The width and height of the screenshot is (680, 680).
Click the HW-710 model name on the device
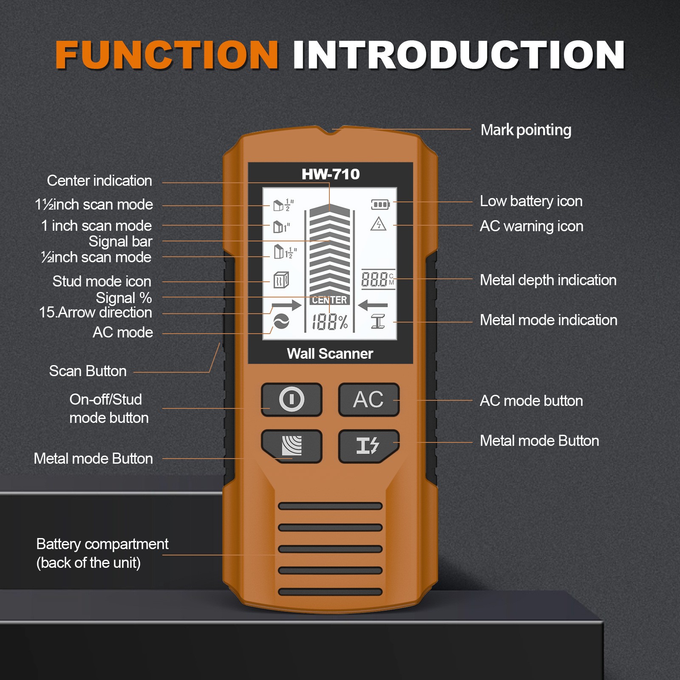coord(330,174)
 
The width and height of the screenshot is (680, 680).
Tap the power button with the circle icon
coord(292,399)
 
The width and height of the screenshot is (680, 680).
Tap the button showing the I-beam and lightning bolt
coord(368,445)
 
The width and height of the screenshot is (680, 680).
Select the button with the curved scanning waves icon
coord(292,445)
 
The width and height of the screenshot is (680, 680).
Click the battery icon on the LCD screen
coord(380,205)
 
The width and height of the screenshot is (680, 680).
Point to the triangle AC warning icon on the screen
coord(378,224)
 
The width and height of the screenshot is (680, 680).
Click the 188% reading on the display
coord(330,322)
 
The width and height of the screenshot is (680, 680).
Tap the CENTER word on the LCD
coord(329,300)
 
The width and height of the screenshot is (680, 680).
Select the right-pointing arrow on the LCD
coord(286,305)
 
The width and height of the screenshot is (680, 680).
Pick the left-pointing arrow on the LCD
coord(373,305)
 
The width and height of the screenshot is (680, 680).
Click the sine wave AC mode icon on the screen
coord(281,322)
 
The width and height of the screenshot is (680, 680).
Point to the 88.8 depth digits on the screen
coord(374,280)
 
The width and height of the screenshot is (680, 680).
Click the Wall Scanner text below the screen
coord(330,354)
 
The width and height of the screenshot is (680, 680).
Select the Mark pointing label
coord(526,130)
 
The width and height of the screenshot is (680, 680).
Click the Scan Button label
coord(88,371)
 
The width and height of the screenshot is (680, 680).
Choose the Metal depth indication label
coord(548,280)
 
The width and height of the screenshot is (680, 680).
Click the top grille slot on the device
coord(330,506)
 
